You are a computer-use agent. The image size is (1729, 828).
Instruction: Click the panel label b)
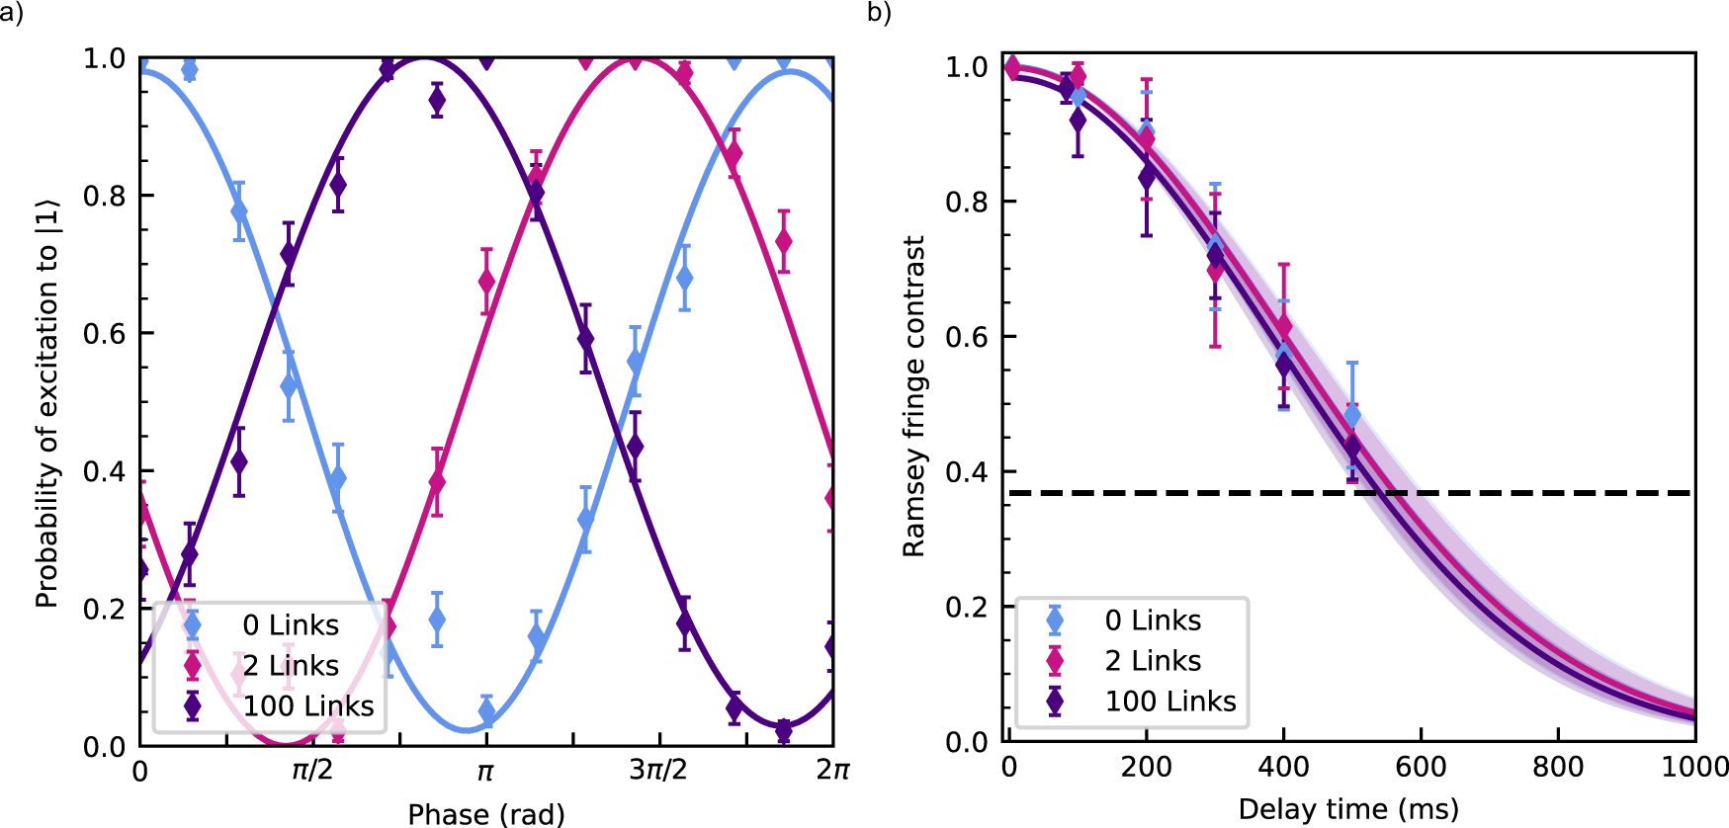point(879,13)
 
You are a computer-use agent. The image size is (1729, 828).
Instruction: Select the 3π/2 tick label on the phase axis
point(658,770)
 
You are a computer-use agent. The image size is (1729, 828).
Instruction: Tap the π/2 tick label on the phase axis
point(312,770)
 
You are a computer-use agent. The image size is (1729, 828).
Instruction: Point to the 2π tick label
point(832,770)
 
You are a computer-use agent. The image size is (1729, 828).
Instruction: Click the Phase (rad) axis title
point(486,814)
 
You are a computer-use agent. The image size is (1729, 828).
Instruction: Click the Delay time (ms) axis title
point(1348,809)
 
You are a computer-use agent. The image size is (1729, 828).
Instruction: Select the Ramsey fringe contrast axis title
point(914,396)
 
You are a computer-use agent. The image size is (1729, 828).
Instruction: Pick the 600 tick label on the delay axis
point(1421,767)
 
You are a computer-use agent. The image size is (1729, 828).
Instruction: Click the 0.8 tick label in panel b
point(966,202)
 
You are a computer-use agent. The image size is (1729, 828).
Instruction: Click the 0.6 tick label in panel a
point(104,334)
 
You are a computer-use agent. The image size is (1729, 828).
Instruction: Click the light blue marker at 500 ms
point(1352,416)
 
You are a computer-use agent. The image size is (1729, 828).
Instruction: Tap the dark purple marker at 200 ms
point(1147,178)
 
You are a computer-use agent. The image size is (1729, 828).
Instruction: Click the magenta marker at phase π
point(486,282)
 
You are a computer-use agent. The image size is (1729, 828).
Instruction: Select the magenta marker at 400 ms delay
point(1284,326)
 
